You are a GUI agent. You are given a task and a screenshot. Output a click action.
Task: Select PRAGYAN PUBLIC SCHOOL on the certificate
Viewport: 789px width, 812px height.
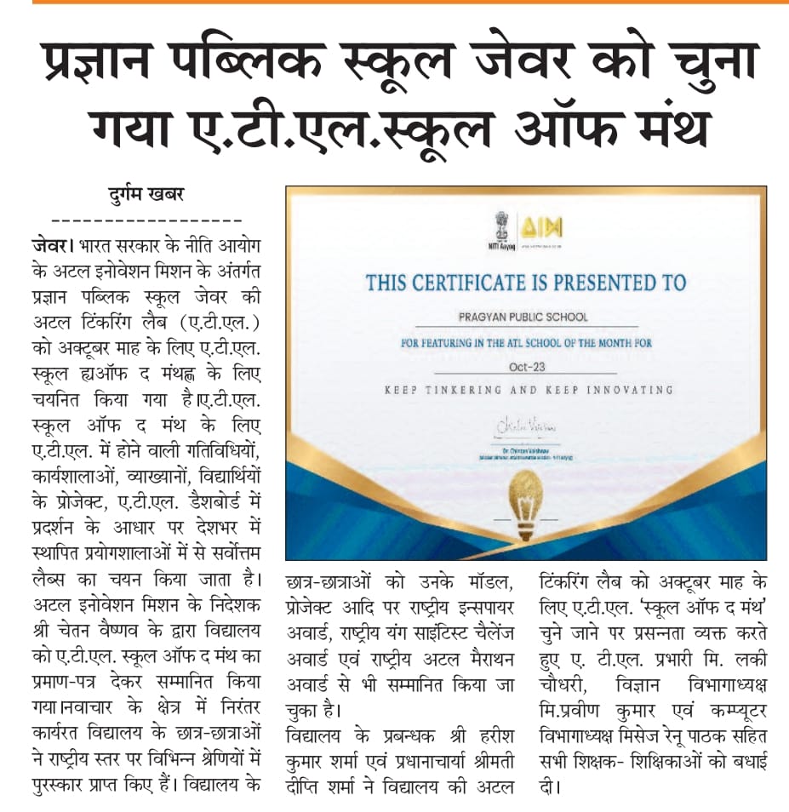(523, 317)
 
